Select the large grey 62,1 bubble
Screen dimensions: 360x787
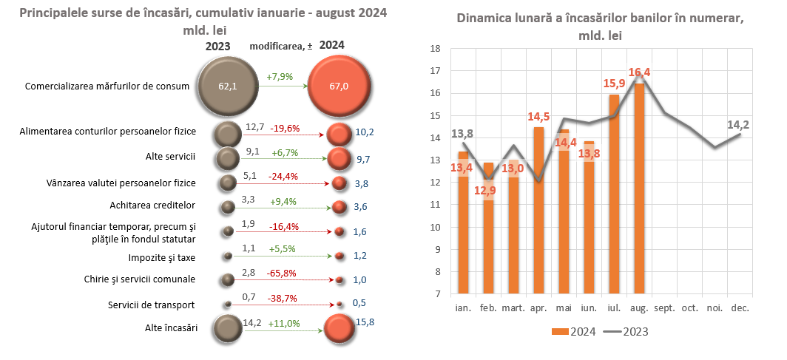click(227, 86)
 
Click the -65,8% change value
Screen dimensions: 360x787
click(283, 273)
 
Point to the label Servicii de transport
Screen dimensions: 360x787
click(151, 305)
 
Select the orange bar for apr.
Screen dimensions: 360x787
click(538, 211)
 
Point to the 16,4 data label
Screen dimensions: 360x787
click(639, 72)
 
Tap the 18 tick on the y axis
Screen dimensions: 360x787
click(435, 49)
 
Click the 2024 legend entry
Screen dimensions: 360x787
click(579, 331)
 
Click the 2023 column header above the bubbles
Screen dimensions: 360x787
click(217, 46)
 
